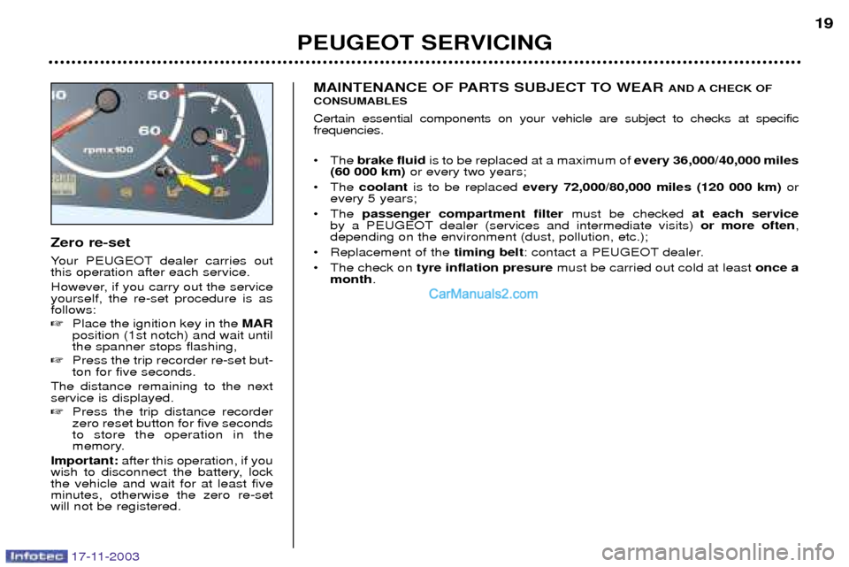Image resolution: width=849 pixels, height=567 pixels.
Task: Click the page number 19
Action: pos(822,24)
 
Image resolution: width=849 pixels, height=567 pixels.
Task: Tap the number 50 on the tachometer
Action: pos(159,95)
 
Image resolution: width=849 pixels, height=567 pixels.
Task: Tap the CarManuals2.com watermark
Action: pos(483,295)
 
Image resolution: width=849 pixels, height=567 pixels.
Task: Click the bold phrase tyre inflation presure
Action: pos(485,268)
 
